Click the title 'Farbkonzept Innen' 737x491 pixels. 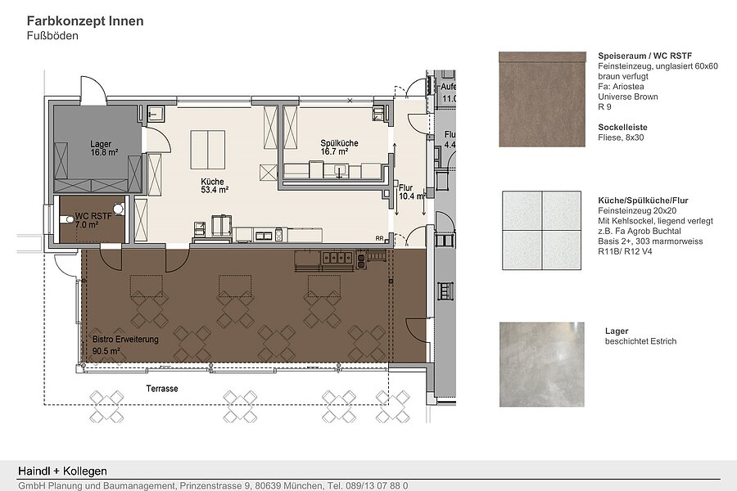(85, 21)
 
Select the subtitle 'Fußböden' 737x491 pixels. (52, 36)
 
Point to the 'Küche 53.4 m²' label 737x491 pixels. (215, 186)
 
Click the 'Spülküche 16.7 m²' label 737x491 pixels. (339, 147)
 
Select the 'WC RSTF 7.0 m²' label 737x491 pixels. (93, 220)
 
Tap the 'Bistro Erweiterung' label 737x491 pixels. (125, 340)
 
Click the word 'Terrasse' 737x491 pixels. (161, 389)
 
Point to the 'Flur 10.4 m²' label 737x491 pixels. (412, 191)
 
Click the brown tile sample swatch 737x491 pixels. (542, 99)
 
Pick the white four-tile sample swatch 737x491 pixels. (541, 230)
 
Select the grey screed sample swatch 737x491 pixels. (542, 364)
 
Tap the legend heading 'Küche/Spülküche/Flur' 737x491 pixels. (643, 200)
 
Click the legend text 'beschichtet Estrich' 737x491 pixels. (640, 341)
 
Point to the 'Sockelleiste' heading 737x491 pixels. (622, 128)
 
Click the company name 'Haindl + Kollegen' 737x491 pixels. (62, 471)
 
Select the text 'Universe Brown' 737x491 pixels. (628, 97)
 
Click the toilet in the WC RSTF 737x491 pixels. (65, 220)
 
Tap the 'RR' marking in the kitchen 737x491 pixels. (379, 239)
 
